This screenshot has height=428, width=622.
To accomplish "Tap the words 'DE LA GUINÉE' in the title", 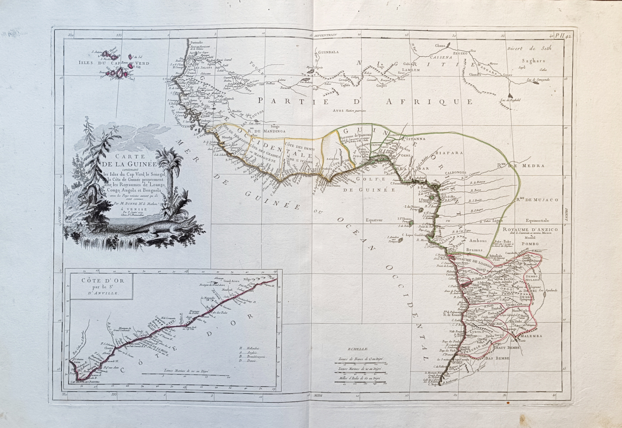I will pyautogui.click(x=130, y=164).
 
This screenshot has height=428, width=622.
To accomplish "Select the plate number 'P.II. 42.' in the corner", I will pyautogui.click(x=563, y=36).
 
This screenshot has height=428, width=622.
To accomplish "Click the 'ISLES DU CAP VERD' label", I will pyautogui.click(x=114, y=63).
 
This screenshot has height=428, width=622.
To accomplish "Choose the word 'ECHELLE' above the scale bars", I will pyautogui.click(x=358, y=349).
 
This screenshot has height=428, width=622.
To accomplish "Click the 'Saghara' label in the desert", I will pyautogui.click(x=533, y=61).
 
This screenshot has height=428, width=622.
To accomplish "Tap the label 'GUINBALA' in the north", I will pyautogui.click(x=328, y=52).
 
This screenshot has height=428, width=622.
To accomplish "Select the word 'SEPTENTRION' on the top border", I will pyautogui.click(x=325, y=35).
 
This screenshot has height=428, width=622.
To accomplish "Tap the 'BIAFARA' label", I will pyautogui.click(x=449, y=153).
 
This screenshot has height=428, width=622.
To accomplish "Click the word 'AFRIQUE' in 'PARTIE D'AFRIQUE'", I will pyautogui.click(x=429, y=102).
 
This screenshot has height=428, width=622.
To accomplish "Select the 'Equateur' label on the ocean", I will pyautogui.click(x=374, y=220).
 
